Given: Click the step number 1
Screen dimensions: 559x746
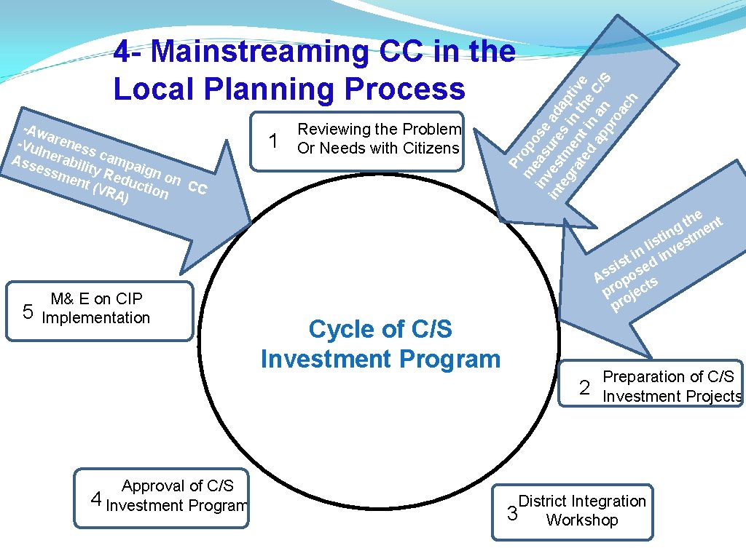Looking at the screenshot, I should (x=273, y=140).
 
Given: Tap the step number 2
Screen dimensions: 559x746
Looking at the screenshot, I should (x=584, y=387).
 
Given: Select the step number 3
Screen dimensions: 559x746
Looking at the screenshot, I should (x=512, y=514).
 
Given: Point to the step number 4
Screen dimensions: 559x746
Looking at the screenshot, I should (x=95, y=499).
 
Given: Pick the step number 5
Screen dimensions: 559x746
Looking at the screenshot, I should (x=28, y=312).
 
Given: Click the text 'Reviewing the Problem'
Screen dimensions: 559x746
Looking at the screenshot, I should (x=380, y=130).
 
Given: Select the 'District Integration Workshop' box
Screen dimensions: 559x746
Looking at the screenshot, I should (x=572, y=512).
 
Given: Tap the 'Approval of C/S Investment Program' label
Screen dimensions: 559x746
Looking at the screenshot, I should (x=177, y=496).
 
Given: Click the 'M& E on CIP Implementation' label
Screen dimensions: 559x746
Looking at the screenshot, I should (x=96, y=308).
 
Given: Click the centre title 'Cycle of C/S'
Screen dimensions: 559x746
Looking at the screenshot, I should (x=380, y=329).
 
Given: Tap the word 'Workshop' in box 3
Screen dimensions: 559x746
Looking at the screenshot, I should (x=582, y=520).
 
